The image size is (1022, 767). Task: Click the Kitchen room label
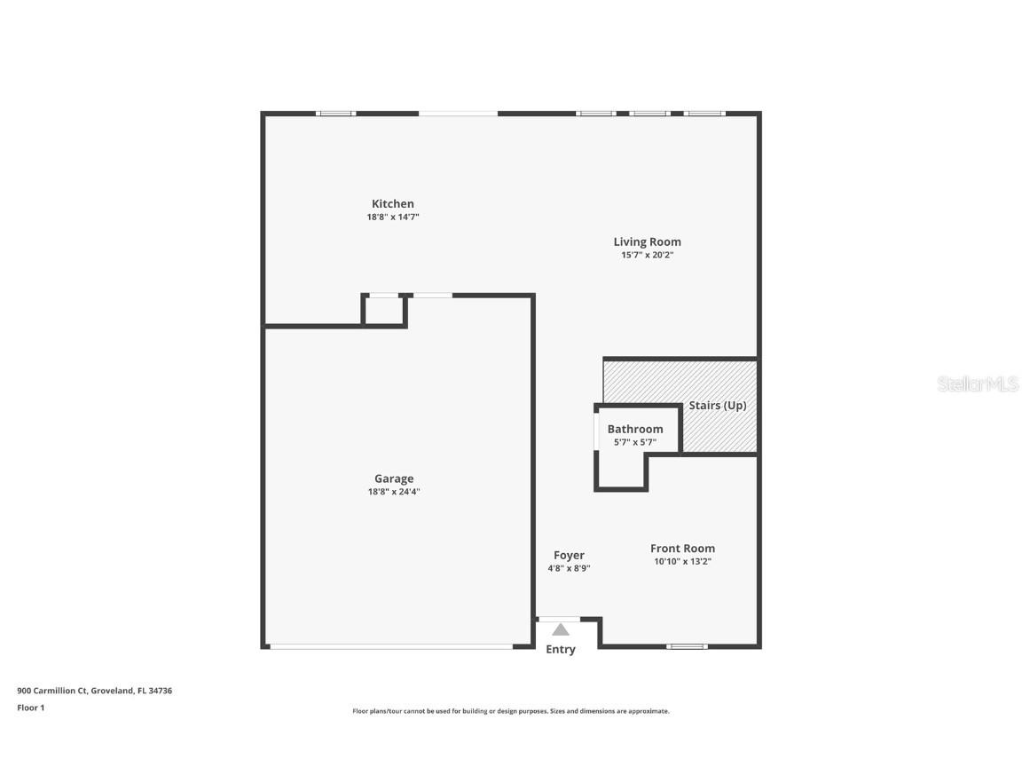pos(392,204)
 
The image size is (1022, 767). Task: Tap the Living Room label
pos(647,241)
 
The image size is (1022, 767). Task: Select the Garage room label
pos(393,478)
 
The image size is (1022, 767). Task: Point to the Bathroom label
pos(634,429)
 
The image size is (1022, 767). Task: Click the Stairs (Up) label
pos(718,406)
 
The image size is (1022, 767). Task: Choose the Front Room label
pos(682,549)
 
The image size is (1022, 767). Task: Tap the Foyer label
pos(569,556)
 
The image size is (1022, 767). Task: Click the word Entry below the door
pos(560,650)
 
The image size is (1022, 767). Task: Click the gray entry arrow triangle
pos(560,630)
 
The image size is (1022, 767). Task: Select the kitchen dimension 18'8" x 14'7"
pos(392,217)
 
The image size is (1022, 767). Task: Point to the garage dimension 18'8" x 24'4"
pos(393,492)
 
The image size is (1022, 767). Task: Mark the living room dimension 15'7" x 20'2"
pos(647,255)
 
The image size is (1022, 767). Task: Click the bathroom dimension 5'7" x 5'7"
pos(634,441)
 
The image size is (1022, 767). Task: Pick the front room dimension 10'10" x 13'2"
pos(682,561)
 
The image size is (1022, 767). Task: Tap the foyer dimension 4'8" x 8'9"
pos(569,568)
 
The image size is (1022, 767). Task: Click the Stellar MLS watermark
pos(979,384)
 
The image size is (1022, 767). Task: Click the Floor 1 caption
pos(30,708)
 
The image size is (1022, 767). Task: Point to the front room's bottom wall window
pos(687,646)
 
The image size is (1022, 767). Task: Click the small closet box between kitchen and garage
pos(383,310)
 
